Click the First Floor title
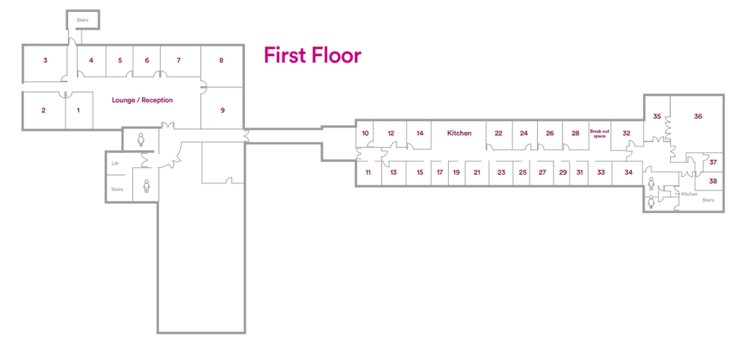point(312,55)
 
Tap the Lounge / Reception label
point(143,101)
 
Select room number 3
point(46,60)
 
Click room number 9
point(223,111)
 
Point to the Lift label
point(115,164)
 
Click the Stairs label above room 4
point(83,20)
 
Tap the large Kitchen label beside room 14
point(459,134)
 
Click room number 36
point(698,117)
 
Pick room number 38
point(713,181)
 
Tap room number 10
point(365,134)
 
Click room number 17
point(440,173)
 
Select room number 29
point(563,173)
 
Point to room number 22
point(498,134)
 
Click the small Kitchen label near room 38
point(689,194)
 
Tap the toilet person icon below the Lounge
point(141,139)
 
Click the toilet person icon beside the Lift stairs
point(146,185)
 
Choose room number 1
point(78,111)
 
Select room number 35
point(657,117)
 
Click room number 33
point(601,173)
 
